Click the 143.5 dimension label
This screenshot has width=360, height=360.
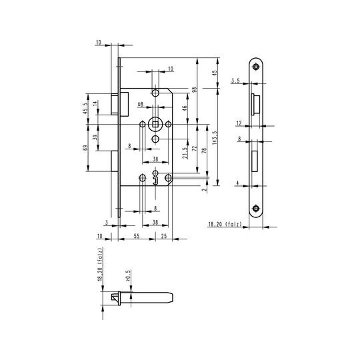click(x=215, y=137)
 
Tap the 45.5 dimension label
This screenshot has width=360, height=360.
click(x=85, y=108)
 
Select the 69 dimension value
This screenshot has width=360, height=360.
click(x=85, y=148)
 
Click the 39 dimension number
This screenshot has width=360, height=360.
click(x=96, y=137)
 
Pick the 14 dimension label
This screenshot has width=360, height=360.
click(x=95, y=103)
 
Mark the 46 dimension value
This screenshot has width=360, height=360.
click(x=185, y=107)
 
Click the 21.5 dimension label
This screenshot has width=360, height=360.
click(x=185, y=153)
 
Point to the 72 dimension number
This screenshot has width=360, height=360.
click(x=195, y=148)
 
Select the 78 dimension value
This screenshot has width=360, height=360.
click(x=204, y=151)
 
